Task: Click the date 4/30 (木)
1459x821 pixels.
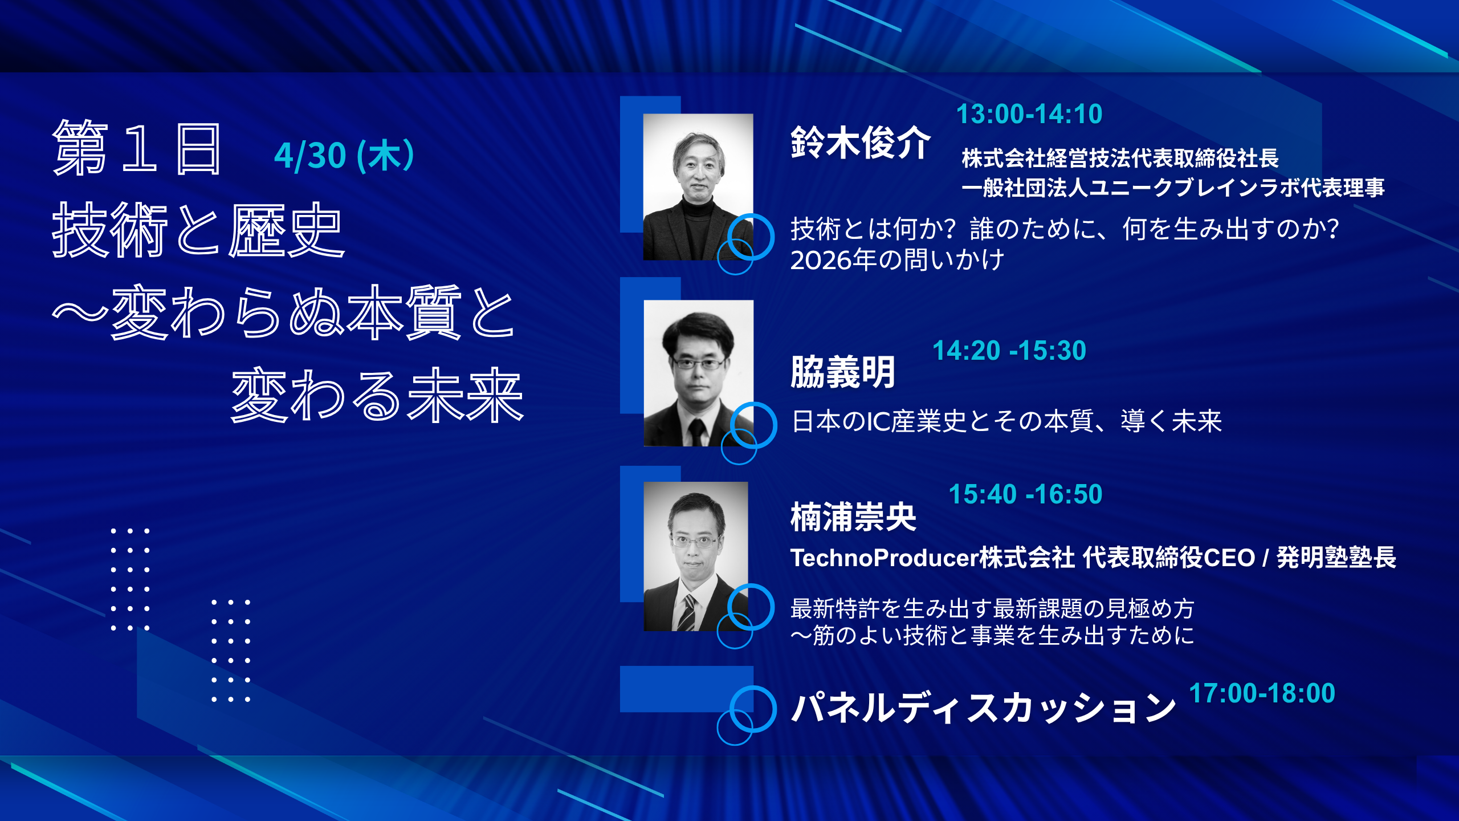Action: click(x=344, y=156)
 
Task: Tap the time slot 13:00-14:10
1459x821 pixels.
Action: click(x=1029, y=114)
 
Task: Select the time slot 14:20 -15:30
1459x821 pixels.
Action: click(x=1009, y=351)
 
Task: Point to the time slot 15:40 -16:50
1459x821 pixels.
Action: click(x=1025, y=494)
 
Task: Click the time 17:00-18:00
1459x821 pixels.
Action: click(x=1262, y=693)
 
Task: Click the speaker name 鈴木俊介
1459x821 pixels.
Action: click(x=861, y=142)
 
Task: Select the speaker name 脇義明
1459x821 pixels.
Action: click(x=843, y=372)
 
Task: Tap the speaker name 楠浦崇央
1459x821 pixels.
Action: click(x=853, y=517)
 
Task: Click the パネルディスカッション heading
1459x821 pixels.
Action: click(x=984, y=708)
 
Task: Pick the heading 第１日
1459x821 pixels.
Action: click(x=137, y=148)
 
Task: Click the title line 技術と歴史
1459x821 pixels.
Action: click(x=198, y=230)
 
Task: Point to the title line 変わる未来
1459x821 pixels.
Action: click(x=377, y=395)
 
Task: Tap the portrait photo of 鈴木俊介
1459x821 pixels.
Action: click(x=698, y=187)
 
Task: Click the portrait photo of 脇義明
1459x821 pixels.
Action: click(x=699, y=373)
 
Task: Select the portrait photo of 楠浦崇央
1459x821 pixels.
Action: click(x=696, y=556)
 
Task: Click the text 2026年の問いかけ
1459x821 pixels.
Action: click(x=897, y=260)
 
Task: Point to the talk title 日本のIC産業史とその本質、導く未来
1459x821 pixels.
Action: click(x=1006, y=421)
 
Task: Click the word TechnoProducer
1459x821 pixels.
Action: click(x=884, y=558)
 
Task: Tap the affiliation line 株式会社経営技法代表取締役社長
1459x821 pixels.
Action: click(x=1120, y=158)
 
